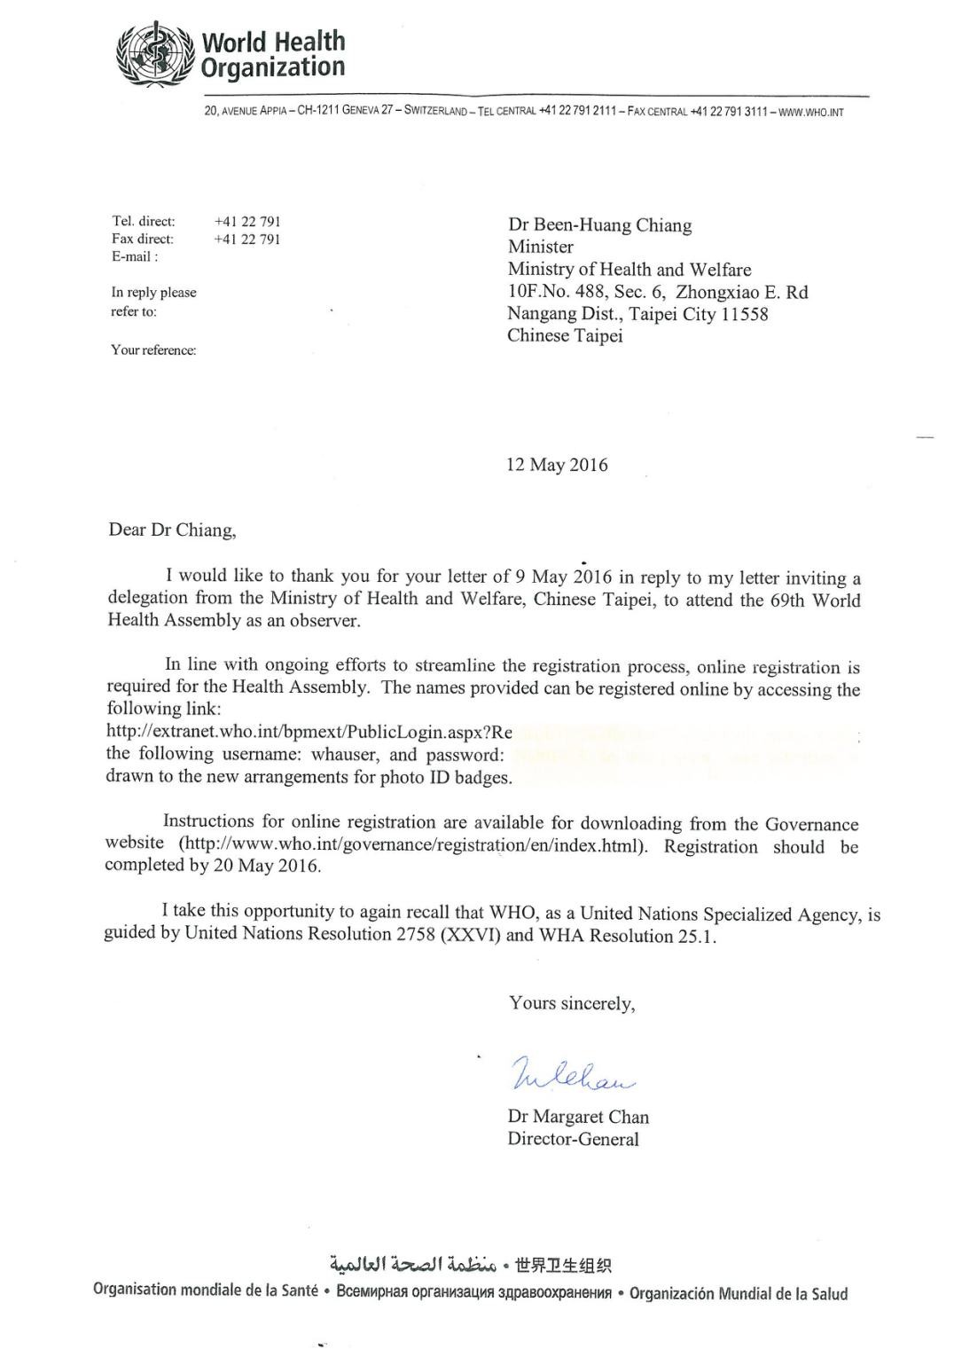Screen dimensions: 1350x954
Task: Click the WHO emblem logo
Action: (x=155, y=53)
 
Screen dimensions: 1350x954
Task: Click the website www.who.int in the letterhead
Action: (x=810, y=112)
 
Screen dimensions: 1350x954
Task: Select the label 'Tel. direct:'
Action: (x=143, y=221)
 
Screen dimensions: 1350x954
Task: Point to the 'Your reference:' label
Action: (x=153, y=349)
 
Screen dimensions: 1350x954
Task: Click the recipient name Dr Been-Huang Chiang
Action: (x=599, y=225)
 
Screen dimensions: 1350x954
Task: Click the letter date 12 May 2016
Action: (x=557, y=465)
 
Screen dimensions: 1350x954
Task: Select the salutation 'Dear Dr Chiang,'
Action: (x=173, y=530)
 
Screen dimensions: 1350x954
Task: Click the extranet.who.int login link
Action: (x=309, y=733)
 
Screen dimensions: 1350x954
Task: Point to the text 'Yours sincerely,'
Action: (x=572, y=1003)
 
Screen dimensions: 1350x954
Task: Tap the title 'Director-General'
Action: (x=573, y=1139)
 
